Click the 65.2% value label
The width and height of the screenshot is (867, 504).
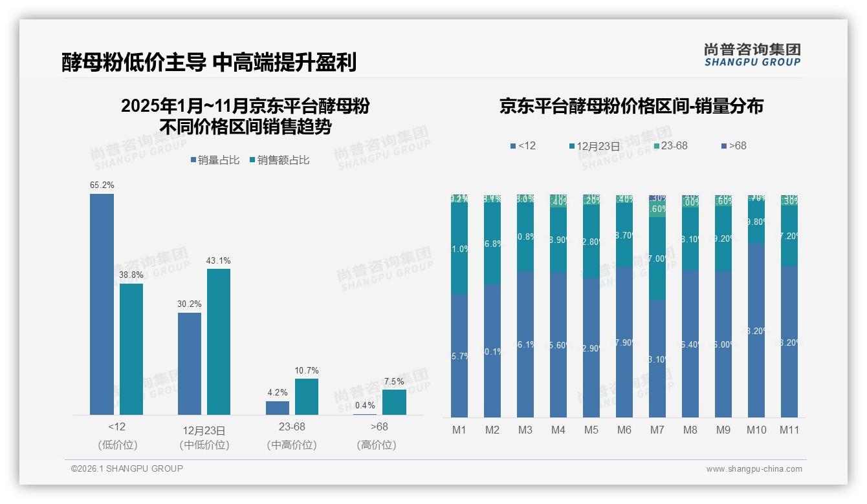(102, 185)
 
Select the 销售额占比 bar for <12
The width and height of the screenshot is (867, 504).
(131, 349)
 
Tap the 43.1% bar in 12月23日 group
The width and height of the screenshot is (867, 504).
(219, 341)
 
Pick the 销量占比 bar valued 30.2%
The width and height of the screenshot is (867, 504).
(190, 363)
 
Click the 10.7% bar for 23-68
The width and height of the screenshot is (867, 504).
(307, 396)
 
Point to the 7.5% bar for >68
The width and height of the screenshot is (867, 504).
(394, 401)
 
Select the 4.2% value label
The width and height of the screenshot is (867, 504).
(277, 393)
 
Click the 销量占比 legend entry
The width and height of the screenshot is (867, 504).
(215, 160)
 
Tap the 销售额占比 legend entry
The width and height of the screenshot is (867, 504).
(279, 160)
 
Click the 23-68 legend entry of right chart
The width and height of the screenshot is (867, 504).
(670, 146)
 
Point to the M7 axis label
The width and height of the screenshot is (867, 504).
(657, 430)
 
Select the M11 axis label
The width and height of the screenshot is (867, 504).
(789, 430)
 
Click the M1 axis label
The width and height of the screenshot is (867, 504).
(459, 430)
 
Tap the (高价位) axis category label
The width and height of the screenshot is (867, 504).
(377, 445)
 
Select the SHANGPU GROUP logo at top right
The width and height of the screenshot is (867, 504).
(752, 55)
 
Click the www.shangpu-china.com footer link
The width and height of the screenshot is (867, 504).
(754, 469)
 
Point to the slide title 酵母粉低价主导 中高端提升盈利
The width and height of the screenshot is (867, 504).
(209, 63)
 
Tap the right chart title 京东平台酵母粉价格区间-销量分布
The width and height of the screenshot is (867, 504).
(631, 106)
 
